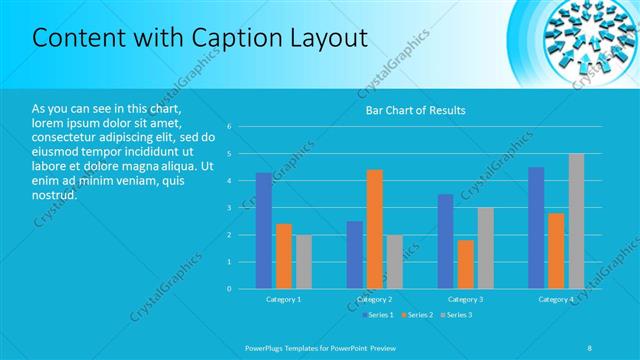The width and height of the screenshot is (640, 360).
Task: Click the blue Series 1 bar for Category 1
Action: [263, 231]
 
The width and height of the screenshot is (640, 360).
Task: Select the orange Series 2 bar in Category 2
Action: [374, 229]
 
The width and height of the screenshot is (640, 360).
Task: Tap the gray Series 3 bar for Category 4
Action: [576, 221]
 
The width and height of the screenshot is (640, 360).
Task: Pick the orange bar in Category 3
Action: [465, 264]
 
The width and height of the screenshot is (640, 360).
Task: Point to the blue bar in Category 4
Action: [536, 228]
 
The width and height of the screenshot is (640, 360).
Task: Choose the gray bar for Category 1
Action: [303, 262]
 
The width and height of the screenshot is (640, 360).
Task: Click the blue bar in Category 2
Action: [355, 255]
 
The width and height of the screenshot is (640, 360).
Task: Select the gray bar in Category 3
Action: [485, 248]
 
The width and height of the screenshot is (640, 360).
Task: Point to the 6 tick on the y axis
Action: [229, 127]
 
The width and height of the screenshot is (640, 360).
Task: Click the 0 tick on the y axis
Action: [229, 289]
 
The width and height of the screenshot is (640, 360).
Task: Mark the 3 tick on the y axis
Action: [229, 208]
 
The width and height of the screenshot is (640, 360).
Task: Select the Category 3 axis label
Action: [465, 299]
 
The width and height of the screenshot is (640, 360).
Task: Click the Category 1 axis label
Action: [283, 299]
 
